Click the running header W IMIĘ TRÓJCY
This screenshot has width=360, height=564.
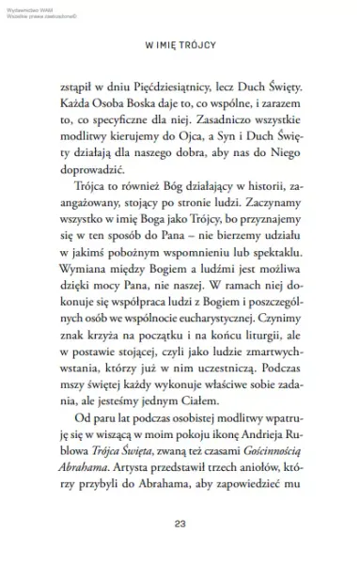[x=180, y=43]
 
